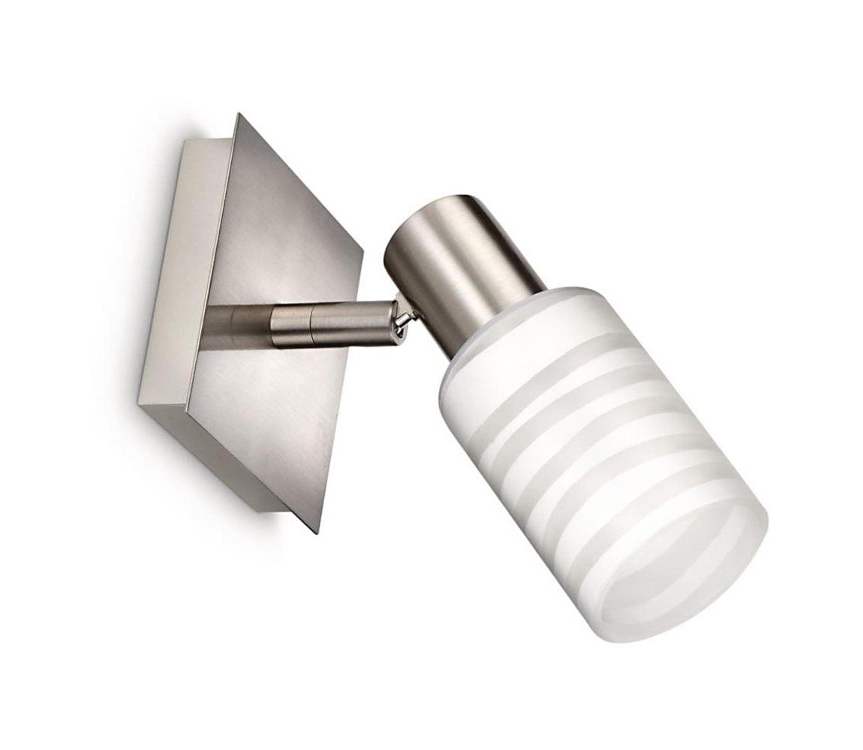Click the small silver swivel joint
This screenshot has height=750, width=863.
coord(402,318)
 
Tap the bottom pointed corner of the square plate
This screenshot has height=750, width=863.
coord(317,531)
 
